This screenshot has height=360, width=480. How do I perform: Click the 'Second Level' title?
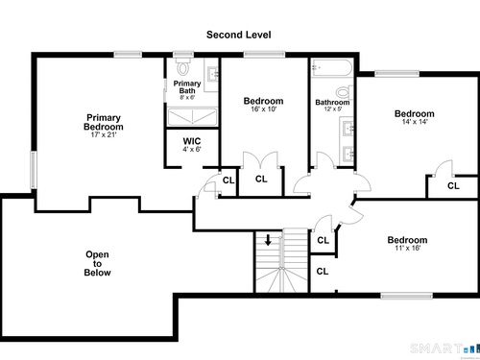click(239, 35)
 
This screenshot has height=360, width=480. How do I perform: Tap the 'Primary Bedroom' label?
click(104, 122)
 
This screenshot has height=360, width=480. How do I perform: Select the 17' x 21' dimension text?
click(104, 134)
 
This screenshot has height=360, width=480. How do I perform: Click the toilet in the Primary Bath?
click(183, 66)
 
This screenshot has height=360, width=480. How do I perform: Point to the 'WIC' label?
click(192, 141)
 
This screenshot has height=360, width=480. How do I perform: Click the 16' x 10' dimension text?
click(264, 109)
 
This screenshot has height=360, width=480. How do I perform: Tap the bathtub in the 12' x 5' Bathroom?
click(332, 67)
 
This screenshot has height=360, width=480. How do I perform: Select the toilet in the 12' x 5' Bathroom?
click(345, 92)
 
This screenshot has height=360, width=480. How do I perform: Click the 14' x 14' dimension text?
click(415, 122)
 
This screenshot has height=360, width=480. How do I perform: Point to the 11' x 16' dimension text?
click(407, 248)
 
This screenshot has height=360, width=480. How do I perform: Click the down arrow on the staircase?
click(268, 240)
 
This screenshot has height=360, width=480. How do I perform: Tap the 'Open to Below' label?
click(97, 263)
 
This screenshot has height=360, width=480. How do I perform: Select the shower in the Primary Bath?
click(193, 116)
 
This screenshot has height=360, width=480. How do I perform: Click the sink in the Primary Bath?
click(212, 75)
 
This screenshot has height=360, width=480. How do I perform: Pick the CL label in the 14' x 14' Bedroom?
click(453, 185)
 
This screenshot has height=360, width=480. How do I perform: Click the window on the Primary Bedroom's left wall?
click(34, 170)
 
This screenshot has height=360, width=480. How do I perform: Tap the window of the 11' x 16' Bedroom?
click(407, 296)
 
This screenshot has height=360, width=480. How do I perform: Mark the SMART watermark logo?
click(444, 348)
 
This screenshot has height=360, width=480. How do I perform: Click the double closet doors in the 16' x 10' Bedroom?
click(260, 160)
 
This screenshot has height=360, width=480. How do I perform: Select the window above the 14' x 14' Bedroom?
click(396, 74)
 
